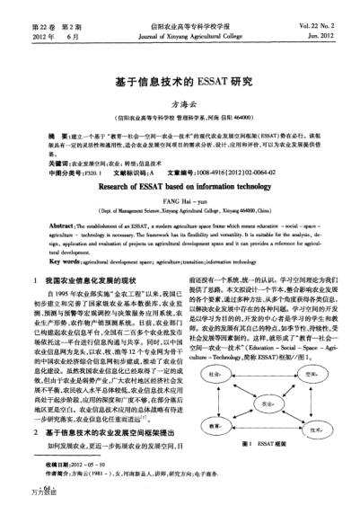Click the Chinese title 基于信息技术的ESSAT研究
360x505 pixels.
[x=180, y=81]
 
